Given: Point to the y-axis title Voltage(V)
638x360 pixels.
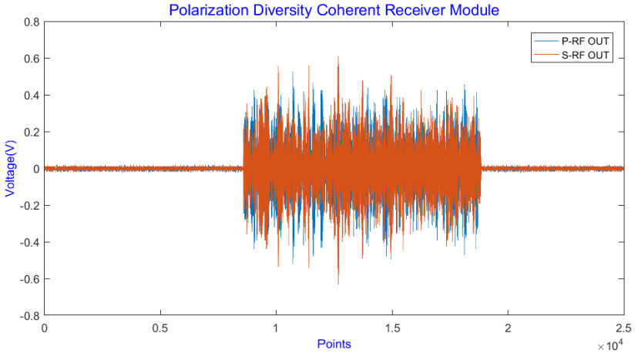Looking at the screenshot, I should (11, 169).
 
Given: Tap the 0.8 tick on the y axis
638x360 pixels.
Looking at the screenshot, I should (31, 22).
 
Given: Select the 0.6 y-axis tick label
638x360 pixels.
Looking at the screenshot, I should (31, 59).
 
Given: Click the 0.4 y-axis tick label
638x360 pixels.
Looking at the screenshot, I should (31, 96).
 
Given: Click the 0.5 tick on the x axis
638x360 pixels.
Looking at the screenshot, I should (160, 327).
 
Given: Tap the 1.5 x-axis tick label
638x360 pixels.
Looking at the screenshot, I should (391, 327).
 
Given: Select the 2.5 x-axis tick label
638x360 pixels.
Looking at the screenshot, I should (623, 327).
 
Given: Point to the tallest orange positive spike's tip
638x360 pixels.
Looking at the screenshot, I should (337, 57).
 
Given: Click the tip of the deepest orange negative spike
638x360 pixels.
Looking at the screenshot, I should (337, 284).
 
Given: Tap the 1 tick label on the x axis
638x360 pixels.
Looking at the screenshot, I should (276, 327).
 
